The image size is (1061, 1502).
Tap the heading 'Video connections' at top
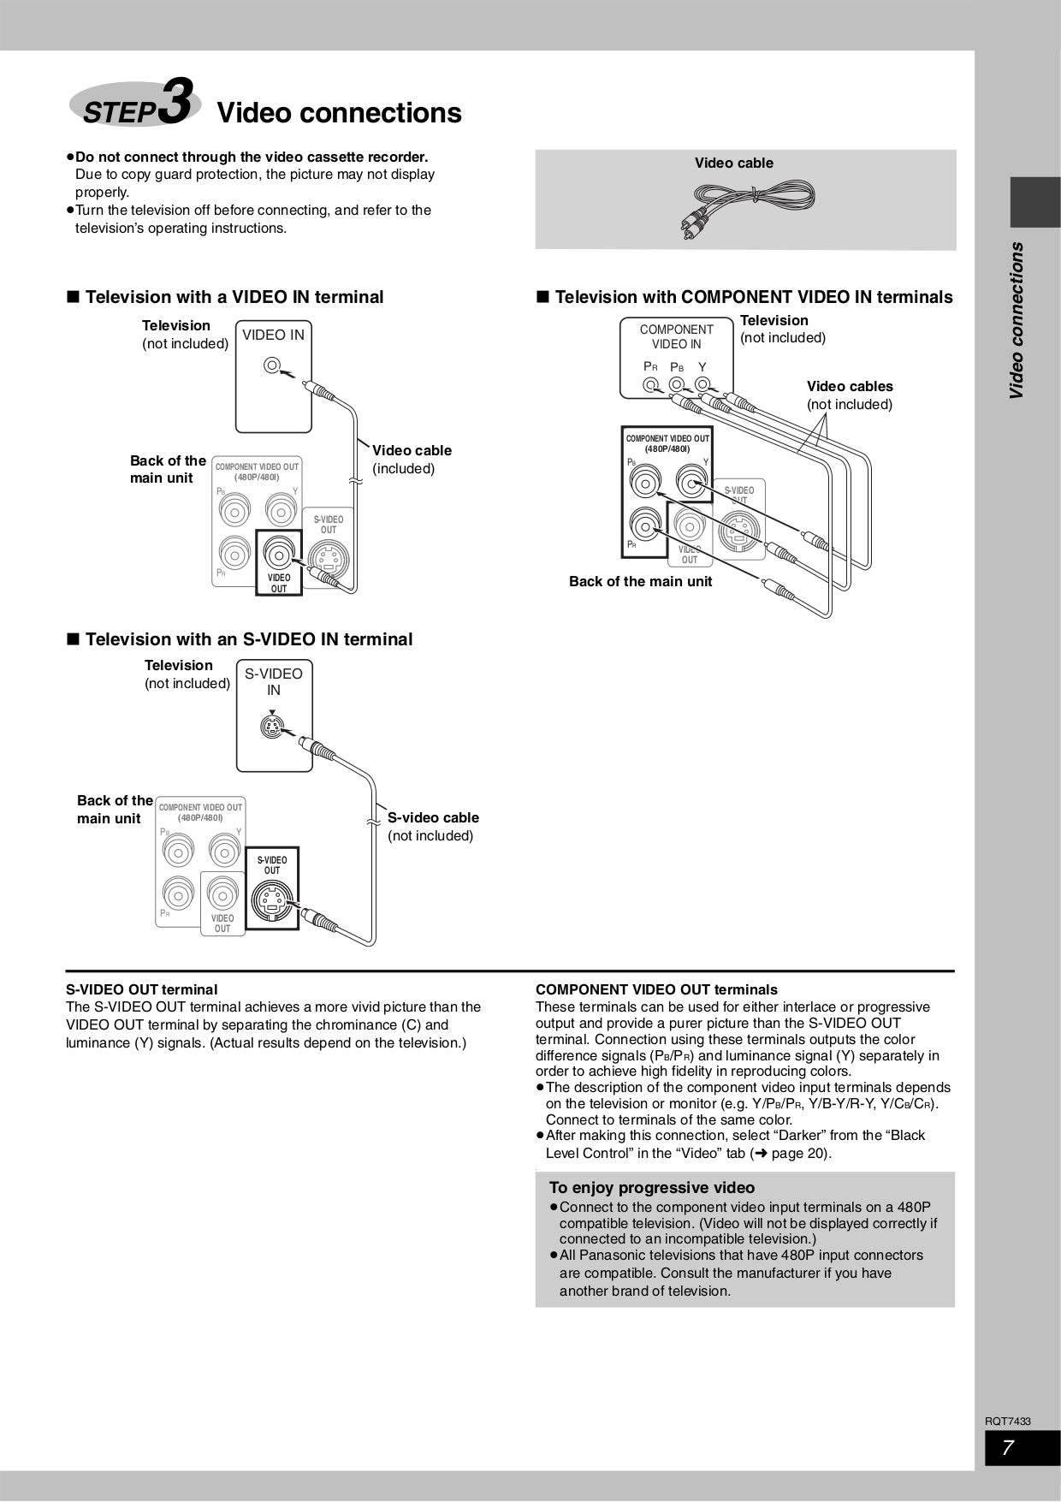tap(339, 113)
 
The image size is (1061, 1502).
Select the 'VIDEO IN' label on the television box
tap(273, 335)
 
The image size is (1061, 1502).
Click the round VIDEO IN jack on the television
tap(272, 366)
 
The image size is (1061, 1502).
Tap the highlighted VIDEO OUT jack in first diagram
tap(278, 553)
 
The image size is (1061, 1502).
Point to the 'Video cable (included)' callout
tap(411, 460)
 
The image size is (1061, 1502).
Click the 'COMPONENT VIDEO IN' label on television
tap(676, 336)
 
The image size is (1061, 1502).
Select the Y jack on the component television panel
tap(702, 385)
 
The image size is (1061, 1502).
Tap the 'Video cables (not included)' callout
tap(849, 395)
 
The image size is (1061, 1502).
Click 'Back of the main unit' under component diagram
tap(640, 582)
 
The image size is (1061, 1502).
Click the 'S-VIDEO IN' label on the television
tap(274, 682)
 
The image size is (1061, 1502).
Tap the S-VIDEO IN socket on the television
tap(272, 728)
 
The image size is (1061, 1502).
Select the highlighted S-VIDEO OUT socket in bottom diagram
tap(271, 900)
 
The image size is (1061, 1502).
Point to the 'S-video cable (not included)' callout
tap(433, 827)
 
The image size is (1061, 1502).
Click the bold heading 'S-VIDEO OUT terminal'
tap(142, 990)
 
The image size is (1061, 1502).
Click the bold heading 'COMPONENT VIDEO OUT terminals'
tap(656, 990)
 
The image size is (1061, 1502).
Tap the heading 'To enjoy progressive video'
tap(652, 1188)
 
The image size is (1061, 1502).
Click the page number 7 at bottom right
tap(1009, 1448)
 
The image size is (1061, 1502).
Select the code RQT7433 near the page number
tap(1007, 1422)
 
